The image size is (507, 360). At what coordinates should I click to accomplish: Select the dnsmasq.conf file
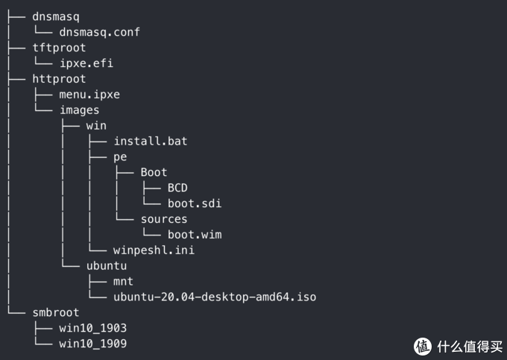[x=99, y=32]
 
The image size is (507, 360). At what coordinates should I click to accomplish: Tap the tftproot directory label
[x=59, y=48]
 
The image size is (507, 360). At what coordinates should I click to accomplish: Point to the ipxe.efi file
[x=86, y=63]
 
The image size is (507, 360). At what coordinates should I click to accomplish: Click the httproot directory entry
[x=59, y=79]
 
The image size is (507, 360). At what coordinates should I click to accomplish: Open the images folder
[x=79, y=110]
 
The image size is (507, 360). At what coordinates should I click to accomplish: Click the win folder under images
[x=96, y=126]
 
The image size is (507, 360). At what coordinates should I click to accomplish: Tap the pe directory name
[x=120, y=157]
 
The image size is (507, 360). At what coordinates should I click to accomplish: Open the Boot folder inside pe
[x=154, y=172]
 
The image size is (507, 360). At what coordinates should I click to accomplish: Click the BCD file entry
[x=177, y=188]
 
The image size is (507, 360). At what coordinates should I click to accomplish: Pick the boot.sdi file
[x=194, y=203]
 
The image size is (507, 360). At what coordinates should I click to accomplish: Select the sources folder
[x=164, y=219]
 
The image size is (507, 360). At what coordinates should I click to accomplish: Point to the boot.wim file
[x=194, y=235]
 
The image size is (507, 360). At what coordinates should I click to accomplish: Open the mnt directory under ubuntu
[x=123, y=282]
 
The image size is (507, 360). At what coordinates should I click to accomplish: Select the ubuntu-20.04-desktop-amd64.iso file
[x=215, y=297]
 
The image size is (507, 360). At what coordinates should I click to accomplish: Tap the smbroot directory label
[x=55, y=313]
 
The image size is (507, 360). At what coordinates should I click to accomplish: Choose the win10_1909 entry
[x=92, y=344]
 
